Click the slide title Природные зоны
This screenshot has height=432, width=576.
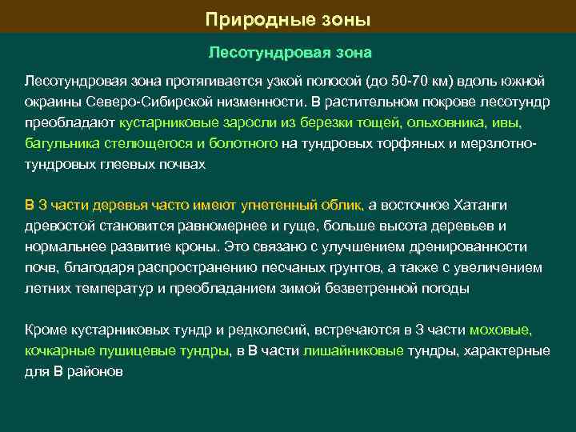[x=288, y=18]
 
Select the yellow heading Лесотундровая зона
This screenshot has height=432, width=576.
[x=289, y=54]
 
